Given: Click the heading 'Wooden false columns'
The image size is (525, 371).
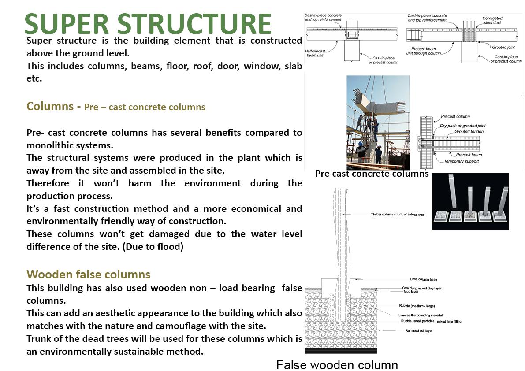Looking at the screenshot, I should click(88, 275).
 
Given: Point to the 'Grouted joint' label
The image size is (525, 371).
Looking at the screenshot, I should click(503, 46).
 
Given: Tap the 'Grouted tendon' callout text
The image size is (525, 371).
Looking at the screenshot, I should click(469, 131).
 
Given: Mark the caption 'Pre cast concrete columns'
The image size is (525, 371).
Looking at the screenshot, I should click(372, 174).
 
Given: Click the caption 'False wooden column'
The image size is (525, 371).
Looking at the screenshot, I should click(337, 365).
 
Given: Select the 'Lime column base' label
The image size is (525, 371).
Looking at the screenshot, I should click(423, 280).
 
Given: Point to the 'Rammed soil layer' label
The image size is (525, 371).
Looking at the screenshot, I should click(419, 330).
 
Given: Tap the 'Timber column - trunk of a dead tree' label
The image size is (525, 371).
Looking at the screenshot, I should click(397, 215).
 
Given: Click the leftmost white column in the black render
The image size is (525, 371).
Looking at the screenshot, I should click(452, 196).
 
